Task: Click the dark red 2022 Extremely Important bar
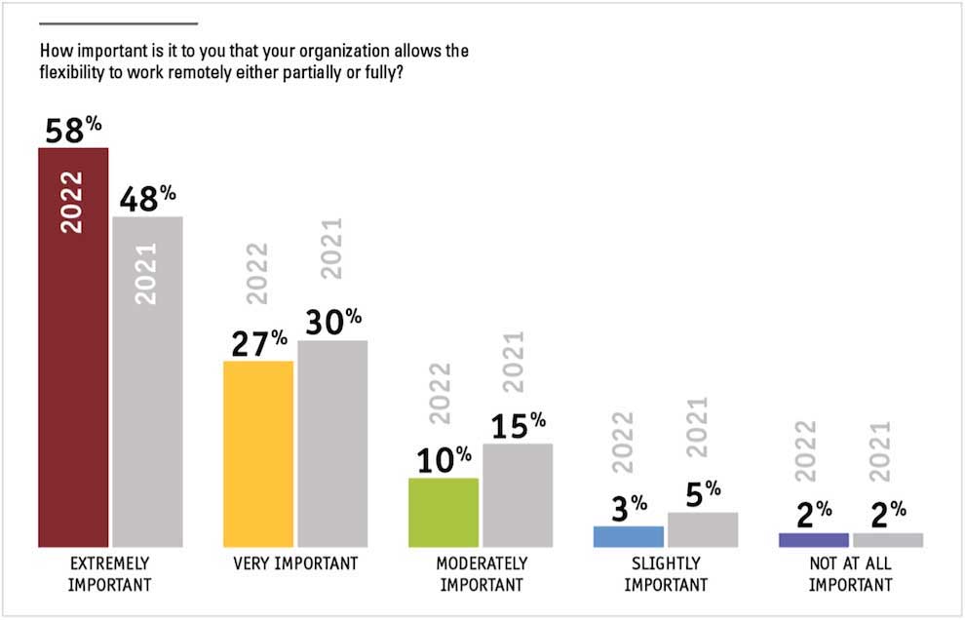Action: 73,390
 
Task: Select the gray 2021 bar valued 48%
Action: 147,409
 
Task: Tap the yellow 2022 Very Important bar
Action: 258,453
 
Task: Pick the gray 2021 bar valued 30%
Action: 332,444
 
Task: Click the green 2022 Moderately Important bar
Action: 444,512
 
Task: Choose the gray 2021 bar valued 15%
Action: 518,495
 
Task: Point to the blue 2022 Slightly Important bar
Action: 629,536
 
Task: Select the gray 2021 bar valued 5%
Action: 703,529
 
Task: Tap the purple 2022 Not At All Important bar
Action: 814,540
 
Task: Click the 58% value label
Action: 72,130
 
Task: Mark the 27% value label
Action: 259,343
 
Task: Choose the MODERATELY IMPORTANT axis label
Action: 482,574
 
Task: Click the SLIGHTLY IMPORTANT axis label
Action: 666,574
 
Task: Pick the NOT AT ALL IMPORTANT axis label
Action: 850,574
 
